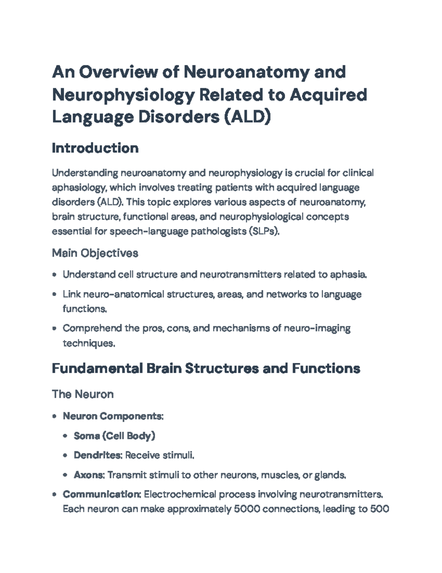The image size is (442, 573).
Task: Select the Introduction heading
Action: click(95, 148)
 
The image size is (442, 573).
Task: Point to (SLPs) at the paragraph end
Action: click(264, 231)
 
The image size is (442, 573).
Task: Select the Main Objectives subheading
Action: click(95, 253)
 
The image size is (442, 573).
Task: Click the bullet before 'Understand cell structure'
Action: click(55, 275)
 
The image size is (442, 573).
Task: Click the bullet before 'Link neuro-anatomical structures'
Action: click(55, 294)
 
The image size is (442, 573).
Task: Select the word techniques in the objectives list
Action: click(89, 343)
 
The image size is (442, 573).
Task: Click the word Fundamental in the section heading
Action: click(97, 369)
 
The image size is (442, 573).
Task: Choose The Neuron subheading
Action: click(83, 394)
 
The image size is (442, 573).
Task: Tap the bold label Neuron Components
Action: click(113, 416)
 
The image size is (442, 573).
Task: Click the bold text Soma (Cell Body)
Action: click(114, 436)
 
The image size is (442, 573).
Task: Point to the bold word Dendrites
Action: click(98, 455)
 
